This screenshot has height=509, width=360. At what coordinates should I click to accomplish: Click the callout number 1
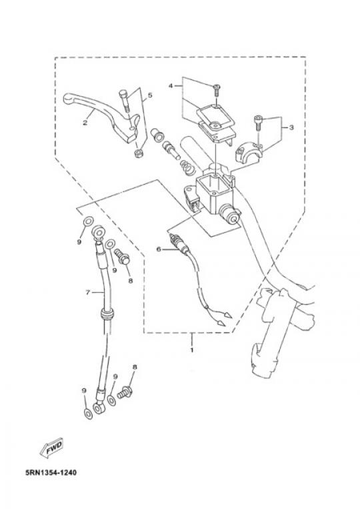[192, 350]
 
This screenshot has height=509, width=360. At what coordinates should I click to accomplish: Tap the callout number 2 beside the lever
[85, 123]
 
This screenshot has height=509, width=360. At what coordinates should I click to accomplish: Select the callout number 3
[291, 127]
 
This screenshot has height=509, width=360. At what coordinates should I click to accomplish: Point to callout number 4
[171, 85]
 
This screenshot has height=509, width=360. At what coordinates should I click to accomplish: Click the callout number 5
[150, 95]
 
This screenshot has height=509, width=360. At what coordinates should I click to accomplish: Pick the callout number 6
[159, 249]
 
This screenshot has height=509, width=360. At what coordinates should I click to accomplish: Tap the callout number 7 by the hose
[87, 292]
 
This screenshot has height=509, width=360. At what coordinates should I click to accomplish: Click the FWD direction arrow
[51, 448]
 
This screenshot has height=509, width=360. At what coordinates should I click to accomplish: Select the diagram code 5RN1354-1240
[51, 472]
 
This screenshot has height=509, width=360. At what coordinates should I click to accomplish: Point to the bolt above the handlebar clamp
[258, 123]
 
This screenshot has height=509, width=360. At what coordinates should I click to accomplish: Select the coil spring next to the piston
[186, 167]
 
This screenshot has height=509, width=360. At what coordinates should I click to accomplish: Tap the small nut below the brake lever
[139, 153]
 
